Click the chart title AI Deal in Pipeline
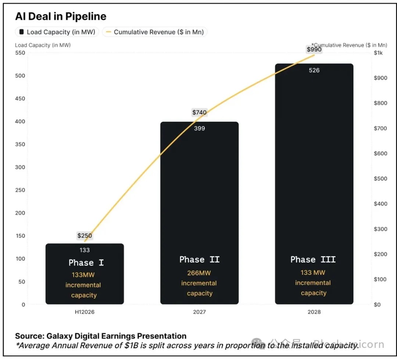61,17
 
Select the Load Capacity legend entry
57,32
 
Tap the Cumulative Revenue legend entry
155,32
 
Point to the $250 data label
85,235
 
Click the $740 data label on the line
199,112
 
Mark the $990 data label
314,49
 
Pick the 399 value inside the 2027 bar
199,128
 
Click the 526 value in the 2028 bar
314,70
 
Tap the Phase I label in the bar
86,263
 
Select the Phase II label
199,260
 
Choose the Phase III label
313,260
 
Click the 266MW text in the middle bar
199,273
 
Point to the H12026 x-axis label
85,312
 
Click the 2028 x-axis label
314,312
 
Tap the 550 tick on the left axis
20,53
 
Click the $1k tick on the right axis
378,53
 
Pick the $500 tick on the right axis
380,179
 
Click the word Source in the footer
28,336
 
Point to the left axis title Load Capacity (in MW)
43,45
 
